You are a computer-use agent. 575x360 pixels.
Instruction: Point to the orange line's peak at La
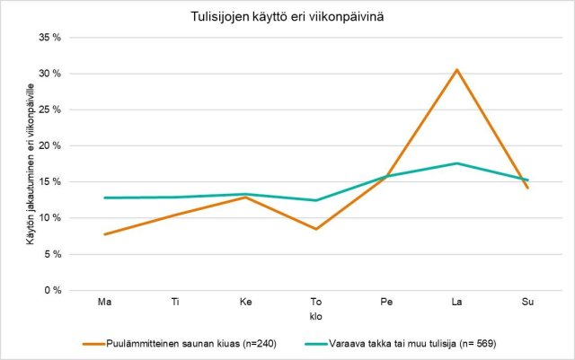457,69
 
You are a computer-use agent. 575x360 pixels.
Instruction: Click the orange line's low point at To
316,229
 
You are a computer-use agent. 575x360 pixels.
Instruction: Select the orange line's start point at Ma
104,234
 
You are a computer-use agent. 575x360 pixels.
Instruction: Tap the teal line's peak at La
457,163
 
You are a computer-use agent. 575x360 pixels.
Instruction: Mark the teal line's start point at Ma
104,198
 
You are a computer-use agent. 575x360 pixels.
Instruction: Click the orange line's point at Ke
245,197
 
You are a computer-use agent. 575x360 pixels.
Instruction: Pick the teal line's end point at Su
527,180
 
